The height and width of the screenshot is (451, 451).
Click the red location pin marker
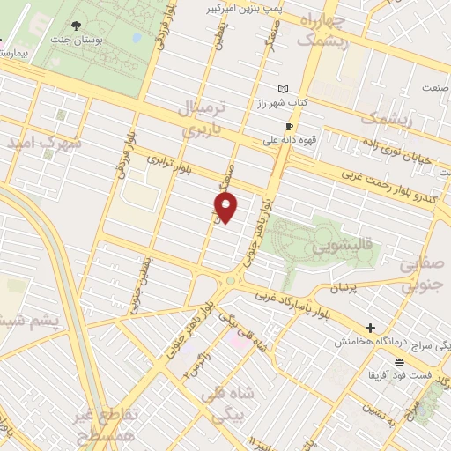[227, 207]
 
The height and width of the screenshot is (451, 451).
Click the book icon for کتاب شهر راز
[283, 89]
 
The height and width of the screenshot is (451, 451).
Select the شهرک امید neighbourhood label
[43, 141]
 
